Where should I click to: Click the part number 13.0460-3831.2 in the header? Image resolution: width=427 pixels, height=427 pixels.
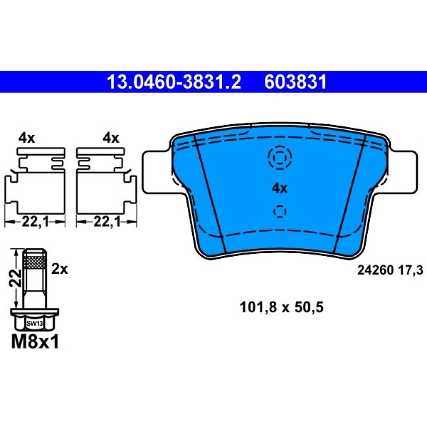[x=174, y=82]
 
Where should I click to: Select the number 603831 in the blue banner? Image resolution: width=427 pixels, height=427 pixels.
[x=295, y=82]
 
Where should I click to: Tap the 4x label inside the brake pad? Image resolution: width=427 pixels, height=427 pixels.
[x=280, y=188]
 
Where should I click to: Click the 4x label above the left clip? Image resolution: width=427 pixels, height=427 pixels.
[x=26, y=138]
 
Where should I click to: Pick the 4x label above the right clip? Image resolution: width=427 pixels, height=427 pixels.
[x=111, y=138]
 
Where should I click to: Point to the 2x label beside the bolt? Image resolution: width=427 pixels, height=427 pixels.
[x=60, y=269]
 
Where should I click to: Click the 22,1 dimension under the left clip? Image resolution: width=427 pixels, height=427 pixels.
[x=35, y=222]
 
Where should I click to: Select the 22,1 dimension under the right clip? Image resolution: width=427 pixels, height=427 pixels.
[x=107, y=222]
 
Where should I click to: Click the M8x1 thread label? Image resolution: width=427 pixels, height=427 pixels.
[x=35, y=342]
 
